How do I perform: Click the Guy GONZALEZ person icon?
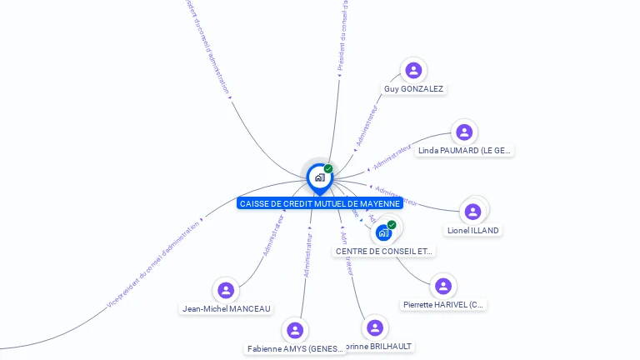(413, 70)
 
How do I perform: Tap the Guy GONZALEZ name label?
(413, 88)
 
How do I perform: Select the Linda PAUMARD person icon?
(464, 132)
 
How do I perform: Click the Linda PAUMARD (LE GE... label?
(465, 151)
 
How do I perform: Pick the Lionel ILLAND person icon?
(472, 212)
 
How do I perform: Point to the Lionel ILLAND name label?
(473, 230)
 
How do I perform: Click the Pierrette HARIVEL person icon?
(443, 287)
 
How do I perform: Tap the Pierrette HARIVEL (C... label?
(442, 305)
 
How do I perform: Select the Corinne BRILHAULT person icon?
(376, 327)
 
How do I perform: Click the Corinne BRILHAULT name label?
(378, 346)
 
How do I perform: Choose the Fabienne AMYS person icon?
(295, 330)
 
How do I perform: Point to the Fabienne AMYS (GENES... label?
(296, 349)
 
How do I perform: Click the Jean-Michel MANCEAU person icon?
(225, 290)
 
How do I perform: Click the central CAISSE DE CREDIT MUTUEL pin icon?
(319, 177)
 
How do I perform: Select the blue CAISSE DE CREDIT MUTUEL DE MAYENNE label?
(320, 203)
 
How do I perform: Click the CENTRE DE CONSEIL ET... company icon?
(383, 232)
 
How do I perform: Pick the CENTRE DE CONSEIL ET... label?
(384, 251)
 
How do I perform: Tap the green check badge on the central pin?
(328, 168)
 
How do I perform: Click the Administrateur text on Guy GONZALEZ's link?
(367, 126)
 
